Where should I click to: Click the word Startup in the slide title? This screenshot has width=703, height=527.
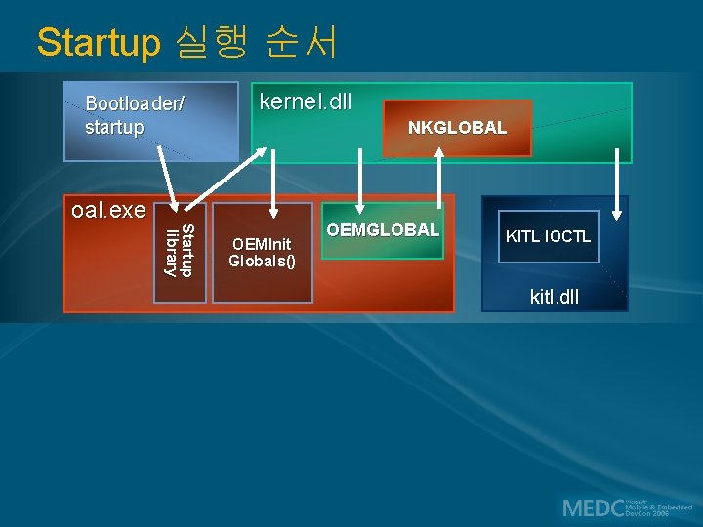98,43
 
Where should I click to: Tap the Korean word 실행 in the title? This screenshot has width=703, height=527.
213,42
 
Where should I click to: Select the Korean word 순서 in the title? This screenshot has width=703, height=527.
302,42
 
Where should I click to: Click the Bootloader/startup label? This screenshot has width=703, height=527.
135,115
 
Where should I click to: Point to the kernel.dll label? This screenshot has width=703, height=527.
304,101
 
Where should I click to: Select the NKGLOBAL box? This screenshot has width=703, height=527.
457,128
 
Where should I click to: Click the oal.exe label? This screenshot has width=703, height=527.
108,210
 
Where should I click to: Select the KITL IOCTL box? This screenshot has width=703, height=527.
548,236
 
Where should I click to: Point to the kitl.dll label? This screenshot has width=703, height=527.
554,295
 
